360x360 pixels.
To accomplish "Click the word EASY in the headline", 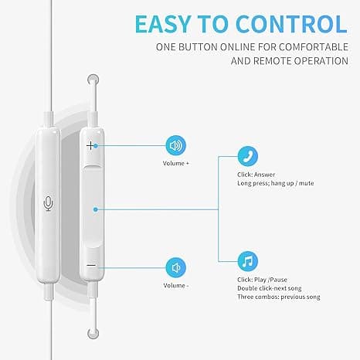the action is (163, 24).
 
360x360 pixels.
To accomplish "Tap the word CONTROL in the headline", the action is (291, 24).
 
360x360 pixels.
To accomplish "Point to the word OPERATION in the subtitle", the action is (321, 61).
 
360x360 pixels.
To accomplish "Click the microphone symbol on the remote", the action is (48, 203).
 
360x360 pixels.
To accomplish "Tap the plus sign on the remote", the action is (90, 146).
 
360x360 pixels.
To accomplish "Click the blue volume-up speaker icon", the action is (175, 145).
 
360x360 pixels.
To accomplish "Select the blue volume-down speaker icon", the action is (175, 268).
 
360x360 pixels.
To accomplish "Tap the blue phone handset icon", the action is (247, 156).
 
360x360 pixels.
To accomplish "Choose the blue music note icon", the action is (247, 261).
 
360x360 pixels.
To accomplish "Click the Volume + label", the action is (176, 163).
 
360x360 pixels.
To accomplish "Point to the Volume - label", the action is (176, 286).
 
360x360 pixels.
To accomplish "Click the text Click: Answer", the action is (256, 175).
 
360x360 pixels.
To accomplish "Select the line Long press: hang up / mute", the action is (276, 183).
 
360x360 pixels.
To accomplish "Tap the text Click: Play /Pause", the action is (262, 280).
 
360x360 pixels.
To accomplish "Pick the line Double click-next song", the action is (270, 288).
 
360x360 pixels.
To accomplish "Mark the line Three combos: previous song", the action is (279, 297).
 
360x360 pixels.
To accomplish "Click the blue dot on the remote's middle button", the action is (96, 209).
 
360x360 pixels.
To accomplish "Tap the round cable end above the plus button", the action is (93, 80).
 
